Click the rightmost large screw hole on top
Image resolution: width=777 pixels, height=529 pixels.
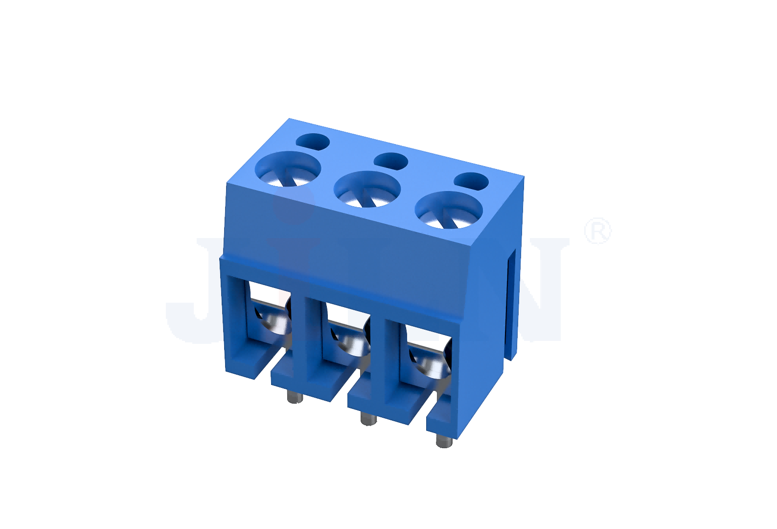448,210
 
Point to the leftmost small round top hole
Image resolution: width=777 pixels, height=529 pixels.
313,142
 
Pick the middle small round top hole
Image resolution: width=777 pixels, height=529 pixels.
390,161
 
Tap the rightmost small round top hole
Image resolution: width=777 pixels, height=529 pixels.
471,181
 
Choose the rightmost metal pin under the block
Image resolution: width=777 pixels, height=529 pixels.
444,441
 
